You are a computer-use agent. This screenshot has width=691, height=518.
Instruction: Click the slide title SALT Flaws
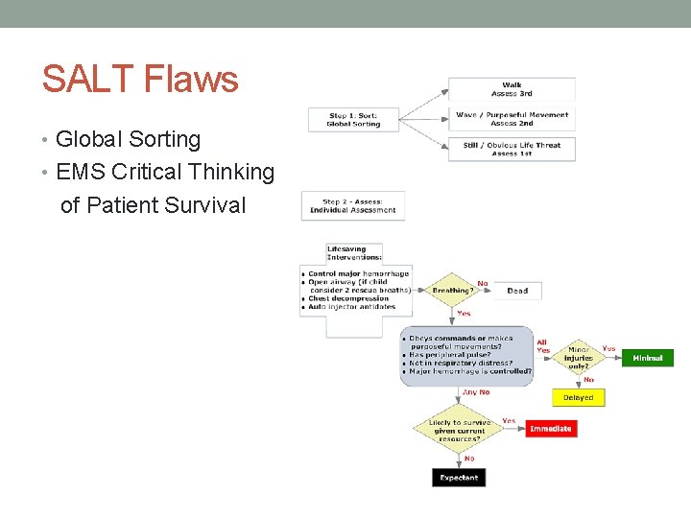point(140,79)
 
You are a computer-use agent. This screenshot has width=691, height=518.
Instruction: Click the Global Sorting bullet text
point(128,140)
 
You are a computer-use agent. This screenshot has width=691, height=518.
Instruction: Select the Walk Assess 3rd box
point(512,89)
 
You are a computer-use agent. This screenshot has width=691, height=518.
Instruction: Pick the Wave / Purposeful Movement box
point(512,119)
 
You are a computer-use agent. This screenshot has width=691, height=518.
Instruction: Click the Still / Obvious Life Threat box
point(512,149)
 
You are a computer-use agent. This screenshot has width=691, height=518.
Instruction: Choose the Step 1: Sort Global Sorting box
point(353,119)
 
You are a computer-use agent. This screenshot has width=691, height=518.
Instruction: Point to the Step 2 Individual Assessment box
point(353,205)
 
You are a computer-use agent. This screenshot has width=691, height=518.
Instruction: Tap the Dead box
point(517,291)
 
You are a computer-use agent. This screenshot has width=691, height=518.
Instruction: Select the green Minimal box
point(648,358)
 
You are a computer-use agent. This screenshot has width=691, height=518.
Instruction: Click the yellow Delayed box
point(578,397)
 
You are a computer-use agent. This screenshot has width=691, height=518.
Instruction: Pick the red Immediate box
point(551,429)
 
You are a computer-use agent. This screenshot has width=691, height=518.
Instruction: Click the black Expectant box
point(458,477)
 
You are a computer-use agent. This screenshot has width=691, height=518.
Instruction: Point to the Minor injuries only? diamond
point(579,357)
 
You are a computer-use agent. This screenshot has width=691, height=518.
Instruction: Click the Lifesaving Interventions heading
point(354,253)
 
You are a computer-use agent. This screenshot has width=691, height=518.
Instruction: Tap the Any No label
point(476,391)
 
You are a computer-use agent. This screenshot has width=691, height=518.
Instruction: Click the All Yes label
point(543,346)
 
